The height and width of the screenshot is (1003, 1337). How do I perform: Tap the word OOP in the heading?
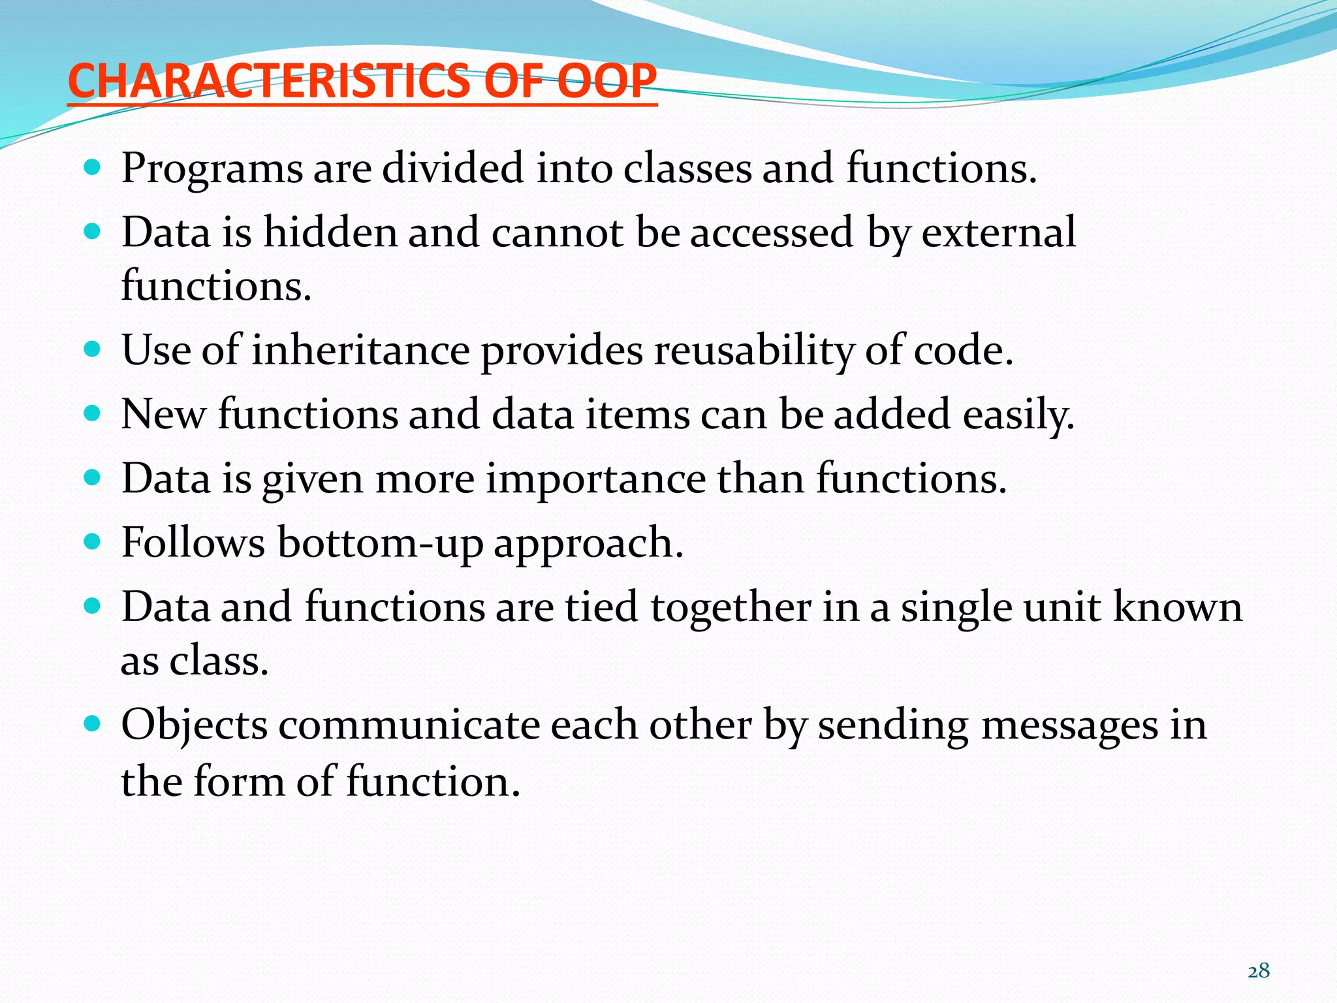[x=607, y=82]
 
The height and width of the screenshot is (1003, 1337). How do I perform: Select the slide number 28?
[x=1259, y=971]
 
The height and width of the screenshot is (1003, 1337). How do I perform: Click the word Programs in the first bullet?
[x=212, y=169]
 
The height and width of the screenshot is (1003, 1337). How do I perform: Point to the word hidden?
[x=330, y=232]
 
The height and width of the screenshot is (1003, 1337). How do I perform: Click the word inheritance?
[x=360, y=351]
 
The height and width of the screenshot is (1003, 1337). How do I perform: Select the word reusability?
[x=754, y=351]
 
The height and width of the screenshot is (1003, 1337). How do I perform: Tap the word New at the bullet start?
[x=163, y=415]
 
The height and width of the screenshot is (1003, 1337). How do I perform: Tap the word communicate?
[x=409, y=725]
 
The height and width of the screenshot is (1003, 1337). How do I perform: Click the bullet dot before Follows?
[x=93, y=541]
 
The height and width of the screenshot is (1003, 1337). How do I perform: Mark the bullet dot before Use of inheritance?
[x=93, y=349]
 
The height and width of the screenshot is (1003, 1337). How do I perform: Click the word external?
[x=998, y=232]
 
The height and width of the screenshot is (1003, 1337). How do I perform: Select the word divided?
[x=452, y=168]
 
